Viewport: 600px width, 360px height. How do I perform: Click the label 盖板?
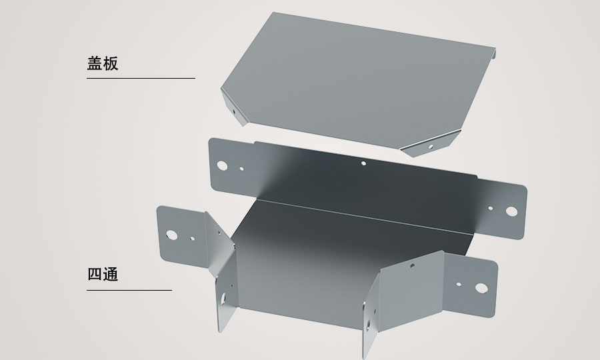coord(103,63)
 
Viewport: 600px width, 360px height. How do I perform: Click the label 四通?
coord(103,274)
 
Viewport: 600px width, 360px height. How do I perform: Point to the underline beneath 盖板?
coord(141,78)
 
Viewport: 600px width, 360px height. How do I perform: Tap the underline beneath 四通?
coord(129,290)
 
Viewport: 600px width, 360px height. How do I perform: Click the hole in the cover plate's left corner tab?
coord(234,112)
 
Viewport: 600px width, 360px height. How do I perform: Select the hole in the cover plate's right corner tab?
coord(431,147)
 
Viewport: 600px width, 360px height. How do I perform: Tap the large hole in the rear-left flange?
coord(222,165)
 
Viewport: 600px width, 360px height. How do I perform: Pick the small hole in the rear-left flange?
coord(241,168)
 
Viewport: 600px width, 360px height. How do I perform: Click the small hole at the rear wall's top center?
coord(363,163)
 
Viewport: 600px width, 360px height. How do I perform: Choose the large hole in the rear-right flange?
coord(511,211)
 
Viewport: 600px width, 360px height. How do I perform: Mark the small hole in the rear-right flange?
coord(491,209)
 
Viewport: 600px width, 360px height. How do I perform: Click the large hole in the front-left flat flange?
coord(172,235)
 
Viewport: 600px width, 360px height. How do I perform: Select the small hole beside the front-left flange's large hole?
coord(192,239)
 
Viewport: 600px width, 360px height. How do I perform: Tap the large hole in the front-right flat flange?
coord(481,288)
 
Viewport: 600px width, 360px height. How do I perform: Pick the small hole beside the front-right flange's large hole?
coord(459,285)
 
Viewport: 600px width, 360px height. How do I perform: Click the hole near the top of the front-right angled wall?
coord(412,265)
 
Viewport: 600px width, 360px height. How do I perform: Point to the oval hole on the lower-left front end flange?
coord(223,299)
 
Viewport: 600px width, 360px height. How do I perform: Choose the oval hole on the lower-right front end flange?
coord(368,325)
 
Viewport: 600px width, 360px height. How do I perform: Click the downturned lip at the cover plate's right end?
coord(494,53)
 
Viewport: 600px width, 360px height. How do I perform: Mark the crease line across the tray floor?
coord(364,217)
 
